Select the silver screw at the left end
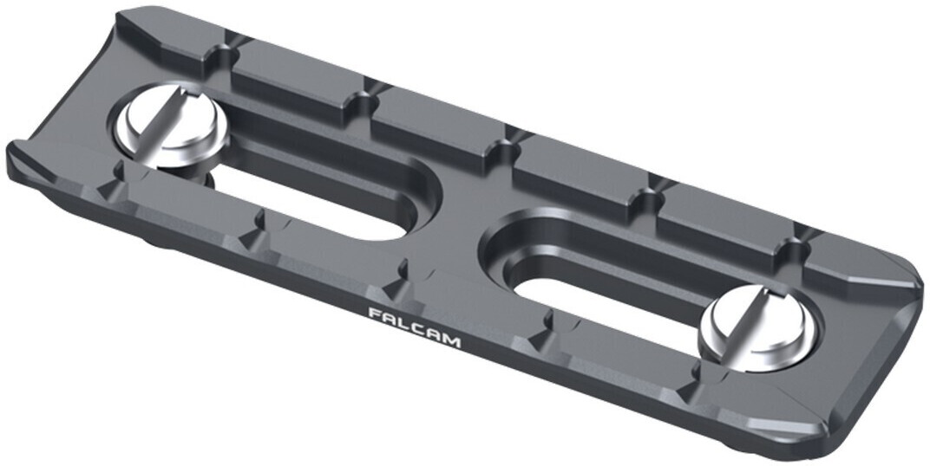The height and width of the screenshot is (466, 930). pos(171,135)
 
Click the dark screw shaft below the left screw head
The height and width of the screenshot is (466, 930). pos(203,178)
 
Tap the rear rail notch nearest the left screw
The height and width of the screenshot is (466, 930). pos(232,42)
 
